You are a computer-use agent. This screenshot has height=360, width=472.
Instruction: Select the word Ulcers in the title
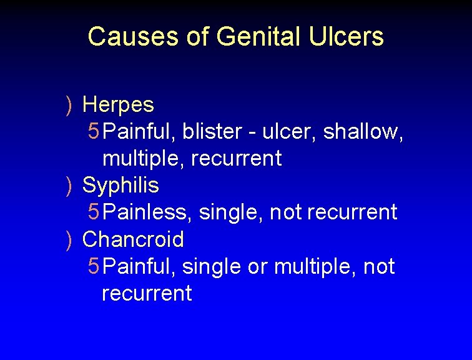point(347,37)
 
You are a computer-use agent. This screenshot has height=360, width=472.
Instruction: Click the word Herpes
point(118,104)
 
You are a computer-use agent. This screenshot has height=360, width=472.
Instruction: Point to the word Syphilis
point(120,186)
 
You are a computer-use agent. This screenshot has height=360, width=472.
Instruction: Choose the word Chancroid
point(133,239)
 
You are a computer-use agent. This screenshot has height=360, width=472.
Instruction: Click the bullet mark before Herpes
point(69,105)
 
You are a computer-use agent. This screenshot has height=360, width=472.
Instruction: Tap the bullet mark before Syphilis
point(69,186)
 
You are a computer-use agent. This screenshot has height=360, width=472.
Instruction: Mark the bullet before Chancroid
point(69,240)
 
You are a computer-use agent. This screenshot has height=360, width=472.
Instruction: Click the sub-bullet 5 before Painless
point(93,212)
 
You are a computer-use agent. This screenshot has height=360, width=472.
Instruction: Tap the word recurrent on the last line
point(147,293)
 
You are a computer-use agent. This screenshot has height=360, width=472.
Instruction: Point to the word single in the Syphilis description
point(231,212)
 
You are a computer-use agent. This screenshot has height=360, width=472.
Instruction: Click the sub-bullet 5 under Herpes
point(93,131)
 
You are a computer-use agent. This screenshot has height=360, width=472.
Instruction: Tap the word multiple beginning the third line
point(143,159)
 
